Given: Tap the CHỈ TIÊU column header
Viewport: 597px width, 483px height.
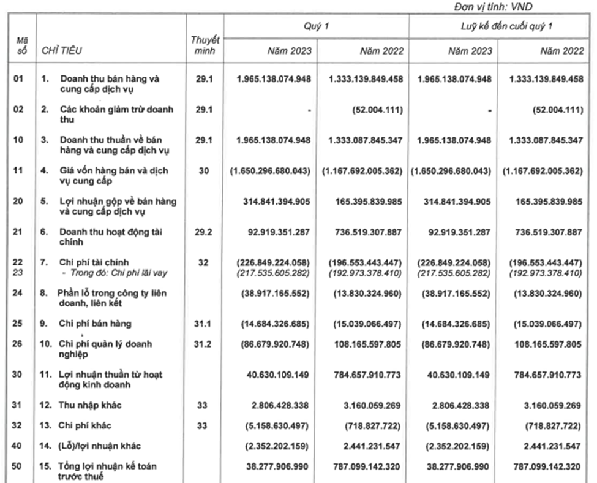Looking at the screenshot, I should coord(62,51).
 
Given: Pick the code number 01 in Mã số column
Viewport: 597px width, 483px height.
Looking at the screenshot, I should coord(18,79).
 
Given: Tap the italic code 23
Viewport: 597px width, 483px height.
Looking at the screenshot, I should coord(18,272).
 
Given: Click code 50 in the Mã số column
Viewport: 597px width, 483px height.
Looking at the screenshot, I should coord(18,466).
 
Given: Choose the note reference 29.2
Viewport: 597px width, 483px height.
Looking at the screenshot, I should coord(205,232).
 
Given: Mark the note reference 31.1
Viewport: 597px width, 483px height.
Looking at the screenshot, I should coord(205,324).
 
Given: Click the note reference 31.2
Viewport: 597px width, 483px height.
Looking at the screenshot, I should coord(205,344).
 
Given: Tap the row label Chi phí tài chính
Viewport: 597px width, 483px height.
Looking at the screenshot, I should coord(94,262).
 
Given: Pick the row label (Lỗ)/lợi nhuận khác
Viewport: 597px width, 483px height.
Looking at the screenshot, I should coord(100,446).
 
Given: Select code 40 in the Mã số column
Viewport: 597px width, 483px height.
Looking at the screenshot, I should coord(18,446).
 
